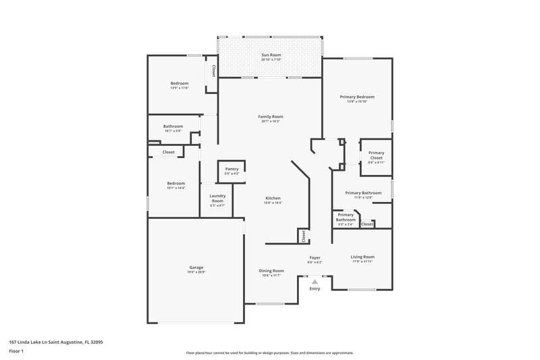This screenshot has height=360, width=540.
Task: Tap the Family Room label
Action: coord(269,117)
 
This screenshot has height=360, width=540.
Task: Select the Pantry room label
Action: coord(232,169)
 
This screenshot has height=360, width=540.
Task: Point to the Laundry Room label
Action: coord(217,199)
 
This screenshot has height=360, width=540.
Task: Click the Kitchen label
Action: coord(273,198)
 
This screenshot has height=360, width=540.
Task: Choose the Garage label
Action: coord(196,267)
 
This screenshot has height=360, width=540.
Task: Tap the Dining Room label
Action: coord(272,270)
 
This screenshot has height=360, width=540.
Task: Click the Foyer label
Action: coord(315,257)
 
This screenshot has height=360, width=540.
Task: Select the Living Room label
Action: coord(362,257)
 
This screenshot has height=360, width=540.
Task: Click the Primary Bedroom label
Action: coord(357,97)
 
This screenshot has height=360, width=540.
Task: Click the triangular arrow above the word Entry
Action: coord(315,281)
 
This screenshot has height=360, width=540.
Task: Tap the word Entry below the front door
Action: coord(315,289)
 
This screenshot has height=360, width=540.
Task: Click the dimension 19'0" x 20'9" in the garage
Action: coord(196,272)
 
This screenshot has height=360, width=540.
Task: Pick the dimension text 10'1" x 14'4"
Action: coord(175,188)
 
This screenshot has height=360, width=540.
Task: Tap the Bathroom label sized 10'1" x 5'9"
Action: coord(173,126)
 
